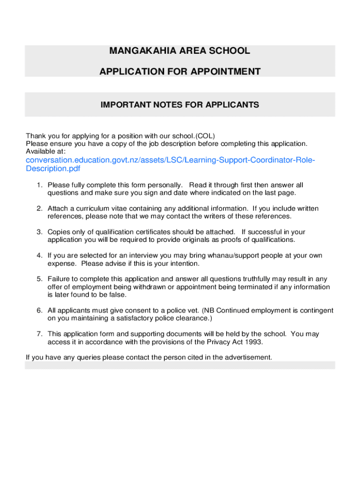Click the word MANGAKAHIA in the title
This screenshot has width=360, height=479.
135,51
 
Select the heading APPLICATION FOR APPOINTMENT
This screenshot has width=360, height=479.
180,72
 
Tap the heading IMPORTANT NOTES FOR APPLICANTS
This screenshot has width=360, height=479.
180,105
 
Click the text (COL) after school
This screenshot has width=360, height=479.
206,136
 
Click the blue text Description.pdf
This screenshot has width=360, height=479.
50,168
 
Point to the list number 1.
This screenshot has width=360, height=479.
40,185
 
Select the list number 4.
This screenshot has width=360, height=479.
40,255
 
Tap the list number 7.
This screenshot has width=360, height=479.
40,334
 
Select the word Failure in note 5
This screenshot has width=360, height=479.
58,279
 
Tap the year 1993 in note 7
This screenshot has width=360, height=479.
254,341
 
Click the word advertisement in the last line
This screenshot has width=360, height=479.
249,357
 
